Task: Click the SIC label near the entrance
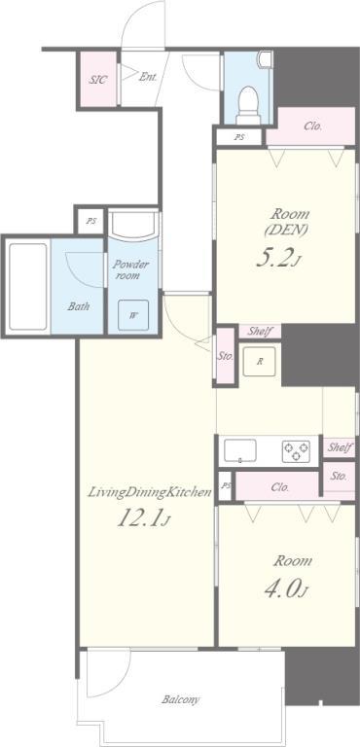point(97,79)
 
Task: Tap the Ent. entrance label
point(148,76)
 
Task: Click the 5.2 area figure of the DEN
point(276,258)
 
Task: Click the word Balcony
point(180,700)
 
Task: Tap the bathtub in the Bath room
point(28,286)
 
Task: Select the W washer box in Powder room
point(133,314)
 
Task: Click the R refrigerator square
point(260,361)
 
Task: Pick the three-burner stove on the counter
point(296,451)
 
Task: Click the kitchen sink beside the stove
point(240,450)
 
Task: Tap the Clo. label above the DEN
point(312,126)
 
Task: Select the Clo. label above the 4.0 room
point(280,487)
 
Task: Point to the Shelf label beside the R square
point(261,331)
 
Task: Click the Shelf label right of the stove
point(340,447)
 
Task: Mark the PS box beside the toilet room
point(239,137)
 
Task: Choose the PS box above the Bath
point(90,221)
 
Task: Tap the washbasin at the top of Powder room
point(133,224)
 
